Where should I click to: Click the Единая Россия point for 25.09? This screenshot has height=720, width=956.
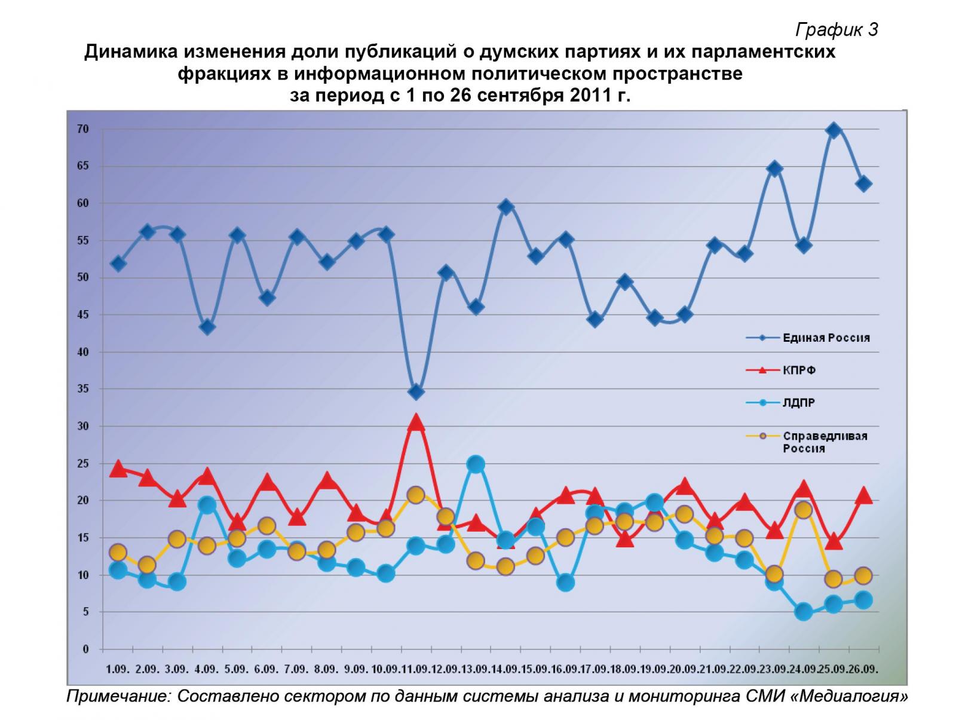pos(834,130)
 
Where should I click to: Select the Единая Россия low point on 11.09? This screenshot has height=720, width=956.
pos(416,392)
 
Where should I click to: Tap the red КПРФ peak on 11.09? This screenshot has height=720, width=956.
pos(416,423)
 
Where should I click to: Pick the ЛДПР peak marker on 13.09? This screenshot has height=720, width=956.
pos(476,464)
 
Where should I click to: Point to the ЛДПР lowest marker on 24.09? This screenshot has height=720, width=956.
pos(804,611)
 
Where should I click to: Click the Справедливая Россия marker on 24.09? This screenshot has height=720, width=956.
pos(804,510)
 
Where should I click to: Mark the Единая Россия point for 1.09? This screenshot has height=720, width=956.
pos(118,264)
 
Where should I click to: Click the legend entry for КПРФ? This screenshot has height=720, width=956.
pos(799,370)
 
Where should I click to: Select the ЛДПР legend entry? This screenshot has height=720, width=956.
pos(799,403)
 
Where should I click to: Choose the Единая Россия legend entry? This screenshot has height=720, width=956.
pos(826,338)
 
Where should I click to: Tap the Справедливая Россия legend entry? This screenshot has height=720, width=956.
pos(825,442)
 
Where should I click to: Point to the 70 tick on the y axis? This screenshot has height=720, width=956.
pos(83,129)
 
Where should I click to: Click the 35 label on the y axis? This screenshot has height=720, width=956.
pos(83,389)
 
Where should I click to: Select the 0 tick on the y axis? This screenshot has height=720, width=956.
pos(85,649)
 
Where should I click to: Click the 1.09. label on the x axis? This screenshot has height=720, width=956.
pos(118,669)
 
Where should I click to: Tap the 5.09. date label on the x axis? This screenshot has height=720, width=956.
pos(237,669)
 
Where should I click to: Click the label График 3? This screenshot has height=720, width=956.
pos(836,29)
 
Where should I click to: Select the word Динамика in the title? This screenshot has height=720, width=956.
pos(129,52)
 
